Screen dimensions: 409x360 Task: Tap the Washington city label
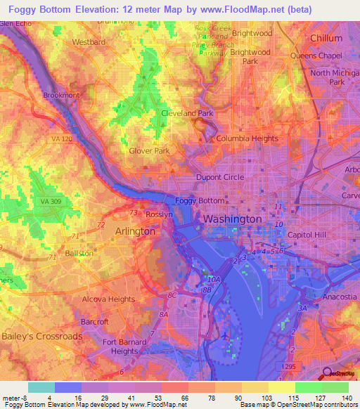coord(232,219)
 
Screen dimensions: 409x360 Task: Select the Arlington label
coord(135,231)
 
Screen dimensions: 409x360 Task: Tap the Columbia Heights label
coord(247,138)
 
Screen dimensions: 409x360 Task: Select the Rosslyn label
coord(159,214)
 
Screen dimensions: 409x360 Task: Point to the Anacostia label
coord(339,298)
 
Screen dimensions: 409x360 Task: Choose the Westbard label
coord(89,41)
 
